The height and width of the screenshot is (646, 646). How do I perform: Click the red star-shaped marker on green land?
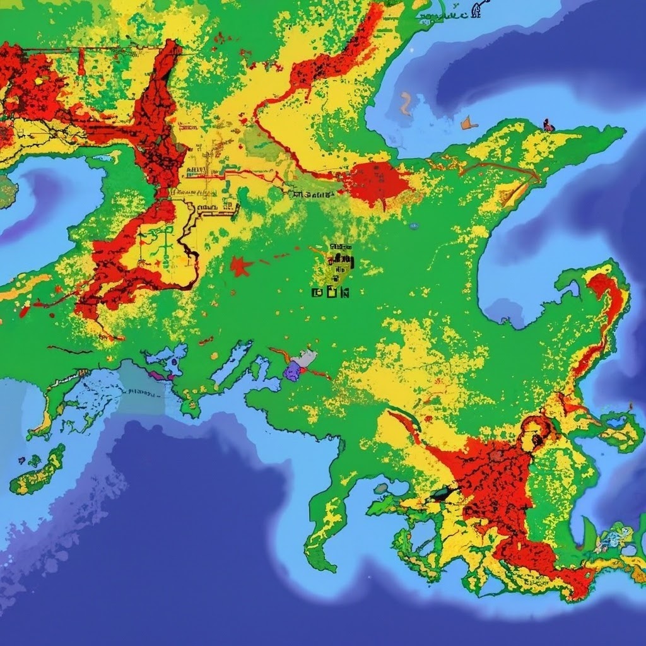pyautogui.click(x=240, y=267)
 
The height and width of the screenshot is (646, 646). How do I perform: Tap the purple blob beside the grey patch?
pyautogui.click(x=292, y=371)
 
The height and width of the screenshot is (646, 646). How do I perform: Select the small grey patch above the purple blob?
pyautogui.click(x=305, y=358)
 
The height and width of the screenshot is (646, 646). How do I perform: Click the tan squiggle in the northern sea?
pyautogui.click(x=406, y=103)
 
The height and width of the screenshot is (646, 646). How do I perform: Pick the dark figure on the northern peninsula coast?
pyautogui.click(x=548, y=125)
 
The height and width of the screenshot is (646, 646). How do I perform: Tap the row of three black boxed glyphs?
pyautogui.click(x=330, y=292)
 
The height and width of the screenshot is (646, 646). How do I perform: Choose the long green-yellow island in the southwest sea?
pyautogui.click(x=38, y=470)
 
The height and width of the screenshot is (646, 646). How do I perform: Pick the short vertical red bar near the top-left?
pyautogui.click(x=81, y=62)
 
